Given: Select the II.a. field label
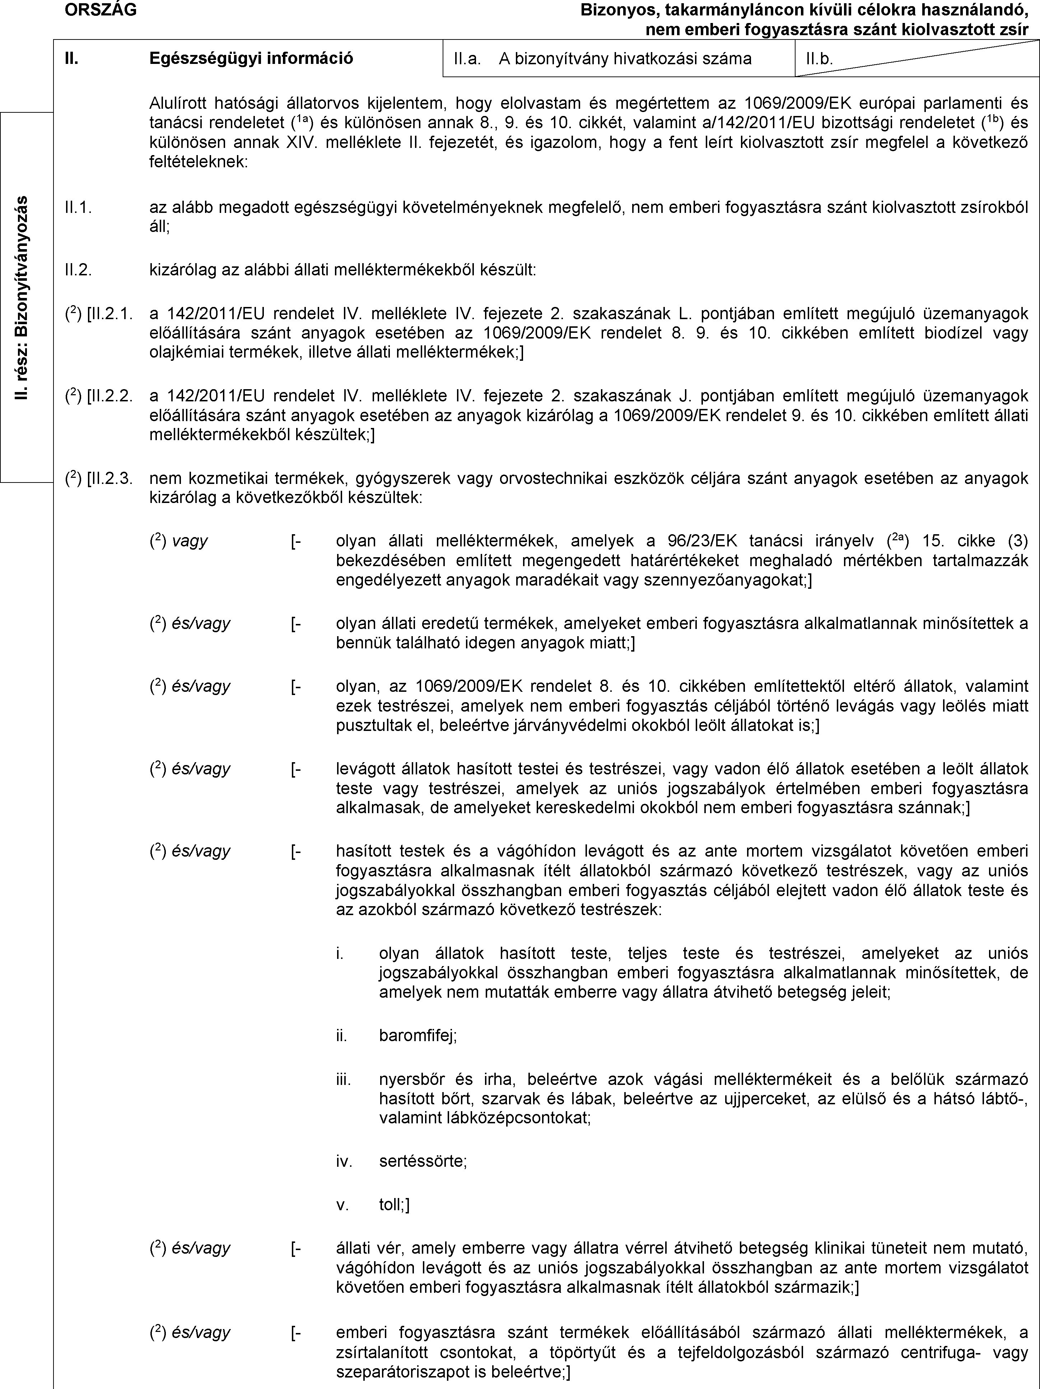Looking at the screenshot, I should coord(467,59).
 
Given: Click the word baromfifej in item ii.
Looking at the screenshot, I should coord(418,1035).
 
